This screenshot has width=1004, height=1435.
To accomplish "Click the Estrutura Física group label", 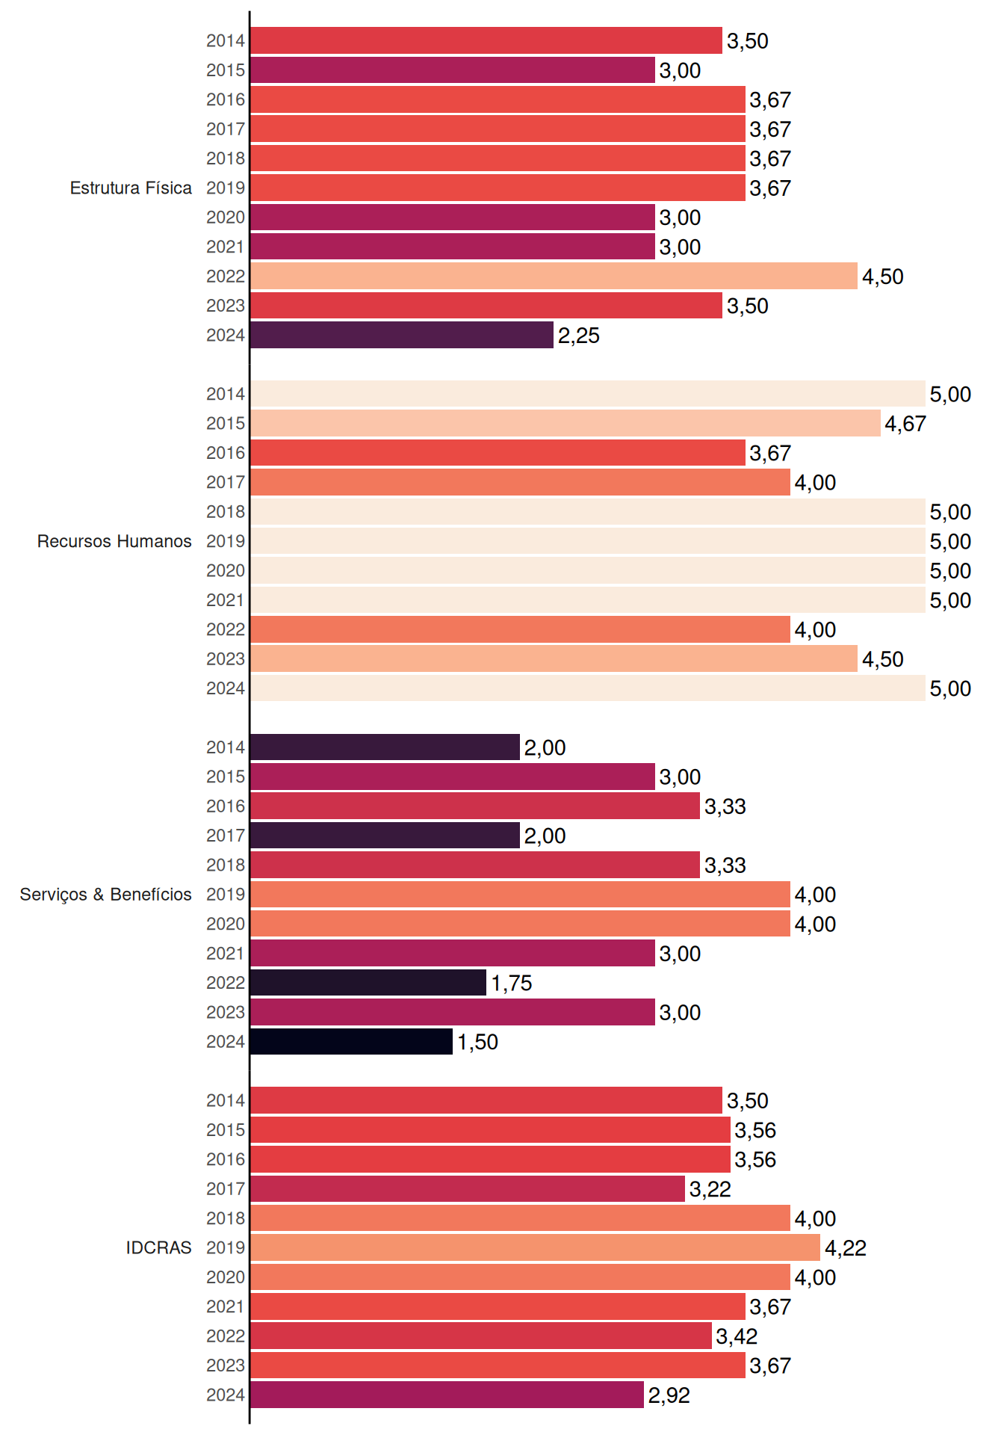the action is (131, 188).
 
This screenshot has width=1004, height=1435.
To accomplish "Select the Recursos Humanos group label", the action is (114, 541).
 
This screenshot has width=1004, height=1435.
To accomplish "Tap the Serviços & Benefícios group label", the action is (105, 894).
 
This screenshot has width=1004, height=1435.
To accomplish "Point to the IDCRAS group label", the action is (158, 1247).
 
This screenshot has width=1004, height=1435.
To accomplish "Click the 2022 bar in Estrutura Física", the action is (554, 276).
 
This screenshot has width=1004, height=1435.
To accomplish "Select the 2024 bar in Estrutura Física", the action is (402, 335).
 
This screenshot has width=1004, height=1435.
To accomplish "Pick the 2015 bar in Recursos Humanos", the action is (565, 423).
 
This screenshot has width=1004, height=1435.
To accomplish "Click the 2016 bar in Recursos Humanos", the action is (498, 453).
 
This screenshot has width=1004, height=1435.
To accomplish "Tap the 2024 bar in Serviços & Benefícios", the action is (351, 1041).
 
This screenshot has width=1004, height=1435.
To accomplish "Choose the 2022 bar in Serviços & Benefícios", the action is (368, 983).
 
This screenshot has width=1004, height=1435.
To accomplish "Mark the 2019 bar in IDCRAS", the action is (535, 1247).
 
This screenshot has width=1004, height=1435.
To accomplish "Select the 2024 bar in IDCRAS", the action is (447, 1395).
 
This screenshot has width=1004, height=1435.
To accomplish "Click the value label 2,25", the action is (579, 336).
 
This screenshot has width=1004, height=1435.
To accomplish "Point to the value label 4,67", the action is (905, 424).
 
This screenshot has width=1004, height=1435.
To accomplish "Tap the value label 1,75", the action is (512, 983).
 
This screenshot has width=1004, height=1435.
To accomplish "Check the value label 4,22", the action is (846, 1248).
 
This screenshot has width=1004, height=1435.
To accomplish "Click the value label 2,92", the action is (669, 1395).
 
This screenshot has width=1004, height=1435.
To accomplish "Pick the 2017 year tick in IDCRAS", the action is (226, 1188).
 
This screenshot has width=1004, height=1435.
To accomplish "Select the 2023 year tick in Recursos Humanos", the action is (226, 658).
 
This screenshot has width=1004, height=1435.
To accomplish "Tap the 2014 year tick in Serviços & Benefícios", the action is (226, 747).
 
